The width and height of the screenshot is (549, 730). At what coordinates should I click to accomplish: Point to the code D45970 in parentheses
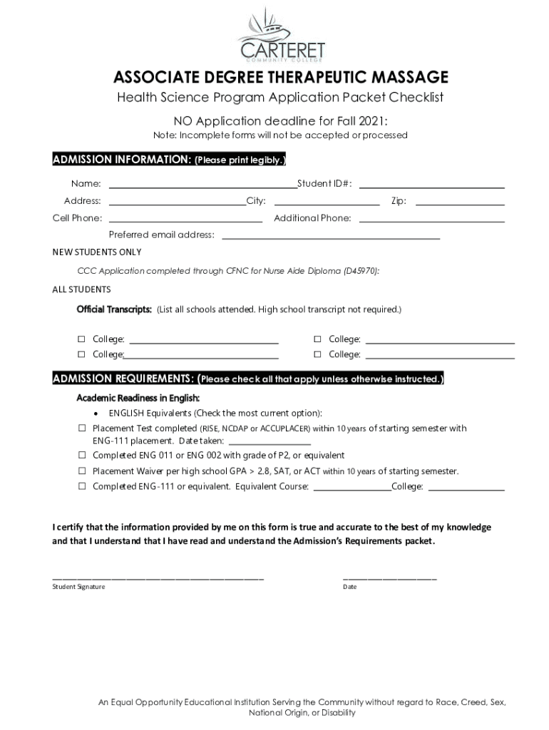(360, 272)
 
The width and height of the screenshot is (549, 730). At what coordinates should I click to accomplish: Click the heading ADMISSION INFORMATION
(122, 160)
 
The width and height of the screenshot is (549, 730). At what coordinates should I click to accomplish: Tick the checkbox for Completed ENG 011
(82, 456)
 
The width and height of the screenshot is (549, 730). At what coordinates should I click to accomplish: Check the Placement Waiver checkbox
(82, 472)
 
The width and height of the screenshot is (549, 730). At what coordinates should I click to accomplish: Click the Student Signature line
(158, 577)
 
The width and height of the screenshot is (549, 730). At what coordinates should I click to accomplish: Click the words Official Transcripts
(114, 310)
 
